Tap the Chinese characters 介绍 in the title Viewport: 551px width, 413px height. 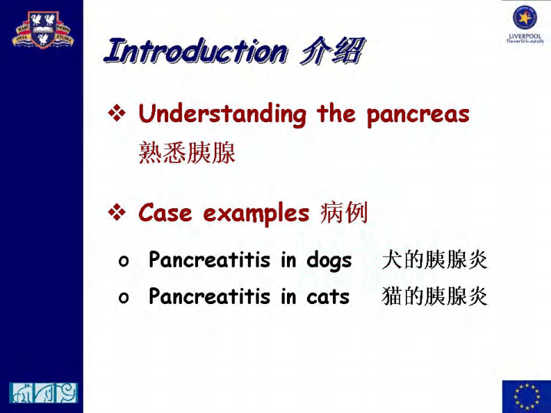tap(331, 52)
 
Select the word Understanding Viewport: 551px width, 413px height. tap(222, 115)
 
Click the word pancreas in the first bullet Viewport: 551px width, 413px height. tap(418, 115)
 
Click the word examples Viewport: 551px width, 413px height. tap(256, 214)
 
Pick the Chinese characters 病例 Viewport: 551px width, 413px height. tap(343, 214)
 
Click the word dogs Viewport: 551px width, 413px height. tap(329, 261)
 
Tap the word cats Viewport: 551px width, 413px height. tap(327, 297)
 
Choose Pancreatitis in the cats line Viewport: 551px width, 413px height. tap(209, 297)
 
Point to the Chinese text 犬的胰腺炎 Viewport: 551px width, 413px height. tap(435, 260)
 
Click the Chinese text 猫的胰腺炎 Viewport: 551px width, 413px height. tap(435, 297)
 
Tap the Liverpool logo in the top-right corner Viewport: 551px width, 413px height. tap(525, 24)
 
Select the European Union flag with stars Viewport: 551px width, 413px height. tap(526, 396)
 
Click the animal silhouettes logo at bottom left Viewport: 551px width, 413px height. tap(43, 393)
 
